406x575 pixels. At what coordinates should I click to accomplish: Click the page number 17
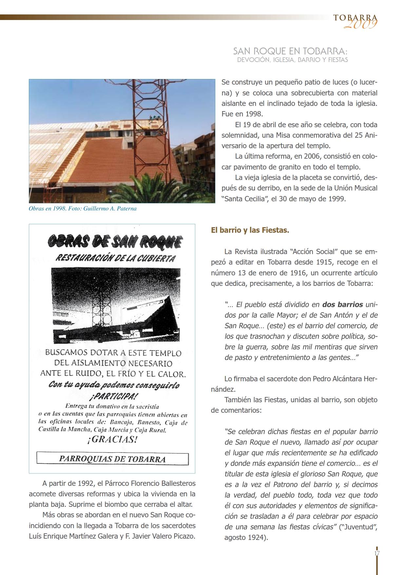point(377,553)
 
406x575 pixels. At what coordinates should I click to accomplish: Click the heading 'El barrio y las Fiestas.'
point(250,230)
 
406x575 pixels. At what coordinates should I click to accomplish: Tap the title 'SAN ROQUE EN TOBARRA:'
point(290,51)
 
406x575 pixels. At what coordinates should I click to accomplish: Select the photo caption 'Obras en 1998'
point(83,208)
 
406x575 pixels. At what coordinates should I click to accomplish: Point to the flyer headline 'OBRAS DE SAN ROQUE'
point(115,242)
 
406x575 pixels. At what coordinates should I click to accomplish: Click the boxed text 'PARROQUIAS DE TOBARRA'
point(112,459)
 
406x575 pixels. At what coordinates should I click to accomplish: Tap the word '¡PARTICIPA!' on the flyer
point(113,396)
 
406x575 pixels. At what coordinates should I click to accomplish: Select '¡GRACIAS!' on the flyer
point(112,439)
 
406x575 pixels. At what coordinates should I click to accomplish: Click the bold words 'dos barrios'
point(342,305)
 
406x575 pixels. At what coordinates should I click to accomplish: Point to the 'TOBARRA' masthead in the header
point(355,18)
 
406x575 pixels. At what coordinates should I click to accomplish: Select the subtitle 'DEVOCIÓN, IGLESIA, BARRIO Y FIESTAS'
point(292,60)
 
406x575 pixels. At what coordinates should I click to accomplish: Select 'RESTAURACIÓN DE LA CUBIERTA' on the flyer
point(115,258)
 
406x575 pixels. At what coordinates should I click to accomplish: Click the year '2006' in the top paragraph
point(312,156)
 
